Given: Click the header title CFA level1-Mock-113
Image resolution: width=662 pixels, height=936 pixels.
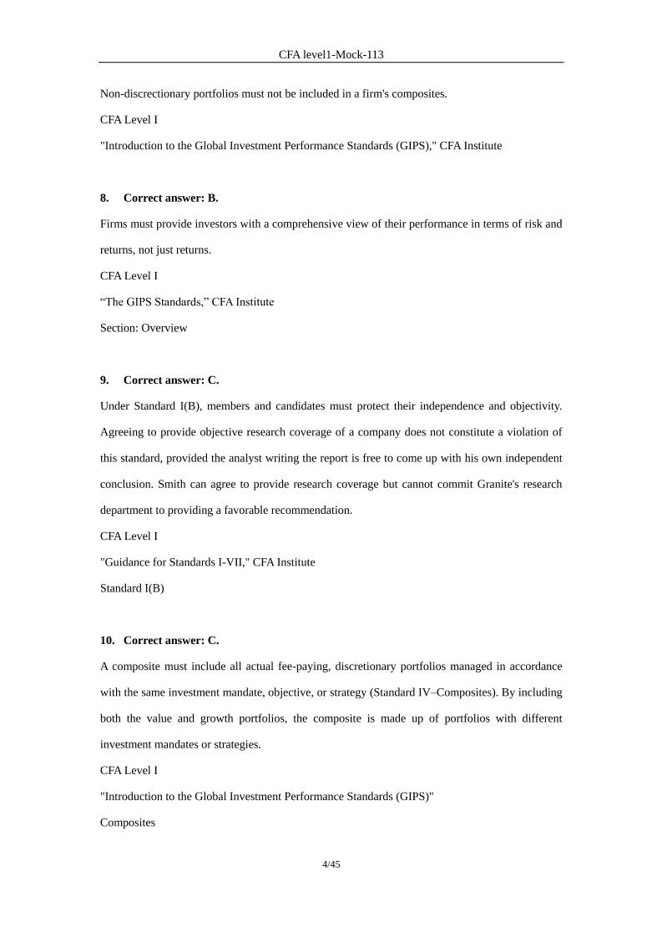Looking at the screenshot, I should [x=331, y=54].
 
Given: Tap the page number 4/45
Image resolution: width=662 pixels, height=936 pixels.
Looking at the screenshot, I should [x=331, y=864].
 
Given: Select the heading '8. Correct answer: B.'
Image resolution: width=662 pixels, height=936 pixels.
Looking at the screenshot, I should [x=159, y=198].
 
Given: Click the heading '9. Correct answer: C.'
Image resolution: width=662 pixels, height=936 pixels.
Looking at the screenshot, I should [x=159, y=380].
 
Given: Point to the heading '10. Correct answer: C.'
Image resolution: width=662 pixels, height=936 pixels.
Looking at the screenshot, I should [x=159, y=640].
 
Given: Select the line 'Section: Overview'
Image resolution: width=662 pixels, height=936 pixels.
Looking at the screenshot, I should [x=144, y=328].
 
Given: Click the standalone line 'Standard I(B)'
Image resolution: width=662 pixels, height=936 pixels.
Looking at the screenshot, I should [x=132, y=588].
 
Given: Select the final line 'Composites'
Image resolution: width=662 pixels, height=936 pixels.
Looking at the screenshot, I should [x=128, y=823].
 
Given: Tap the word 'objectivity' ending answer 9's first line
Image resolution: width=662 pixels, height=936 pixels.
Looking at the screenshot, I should [x=533, y=406].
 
